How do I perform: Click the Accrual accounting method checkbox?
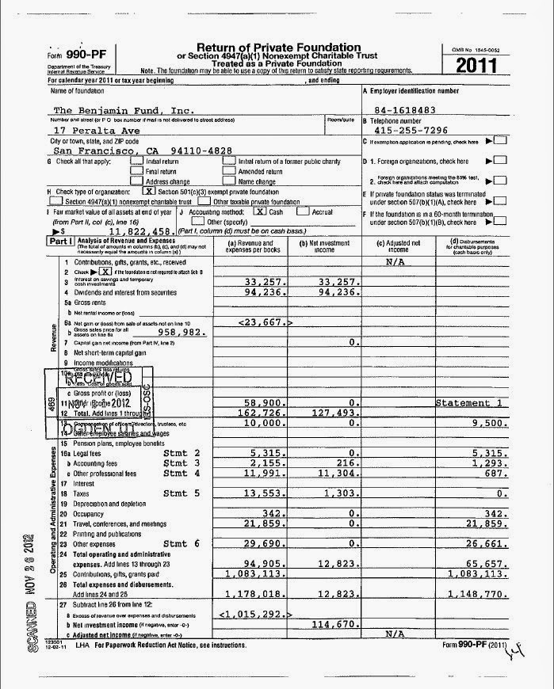(x=304, y=211)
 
